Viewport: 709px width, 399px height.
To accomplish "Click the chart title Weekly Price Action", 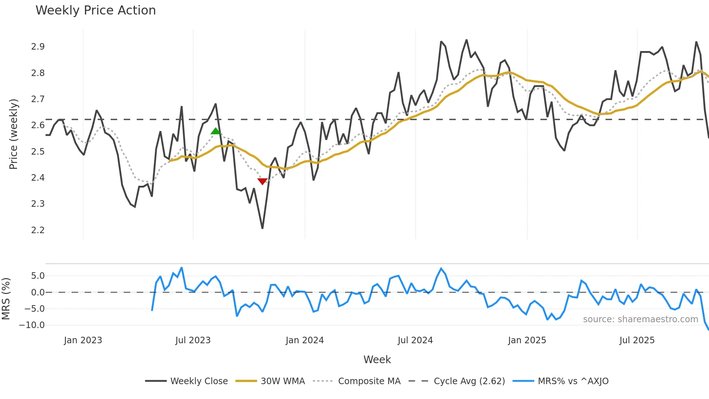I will pyautogui.click(x=95, y=10).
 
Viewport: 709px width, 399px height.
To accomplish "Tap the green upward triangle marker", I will pyautogui.click(x=216, y=131).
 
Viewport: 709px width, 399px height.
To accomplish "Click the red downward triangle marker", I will pyautogui.click(x=262, y=181).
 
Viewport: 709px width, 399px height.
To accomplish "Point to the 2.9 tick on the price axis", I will pyautogui.click(x=38, y=47).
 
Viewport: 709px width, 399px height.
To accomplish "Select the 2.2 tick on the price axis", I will pyautogui.click(x=38, y=230).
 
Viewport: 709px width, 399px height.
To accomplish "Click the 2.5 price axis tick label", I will pyautogui.click(x=38, y=151).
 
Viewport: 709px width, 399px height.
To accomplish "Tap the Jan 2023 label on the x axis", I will pyautogui.click(x=83, y=340).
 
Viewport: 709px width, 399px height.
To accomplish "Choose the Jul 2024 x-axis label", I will pyautogui.click(x=415, y=340).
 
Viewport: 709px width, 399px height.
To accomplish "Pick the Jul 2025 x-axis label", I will pyautogui.click(x=637, y=340).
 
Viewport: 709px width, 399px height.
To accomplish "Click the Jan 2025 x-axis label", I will pyautogui.click(x=527, y=340).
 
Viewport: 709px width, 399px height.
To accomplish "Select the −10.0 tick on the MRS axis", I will pyautogui.click(x=32, y=325).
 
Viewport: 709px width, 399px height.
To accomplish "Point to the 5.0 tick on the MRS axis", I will pyautogui.click(x=38, y=276).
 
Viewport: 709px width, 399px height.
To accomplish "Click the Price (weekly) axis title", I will pyautogui.click(x=13, y=134).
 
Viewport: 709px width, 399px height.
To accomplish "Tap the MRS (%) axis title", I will pyautogui.click(x=6, y=299).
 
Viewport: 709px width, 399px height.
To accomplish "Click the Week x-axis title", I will pyautogui.click(x=377, y=360).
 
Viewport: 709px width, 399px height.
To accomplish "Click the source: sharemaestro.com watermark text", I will pyautogui.click(x=640, y=319).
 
